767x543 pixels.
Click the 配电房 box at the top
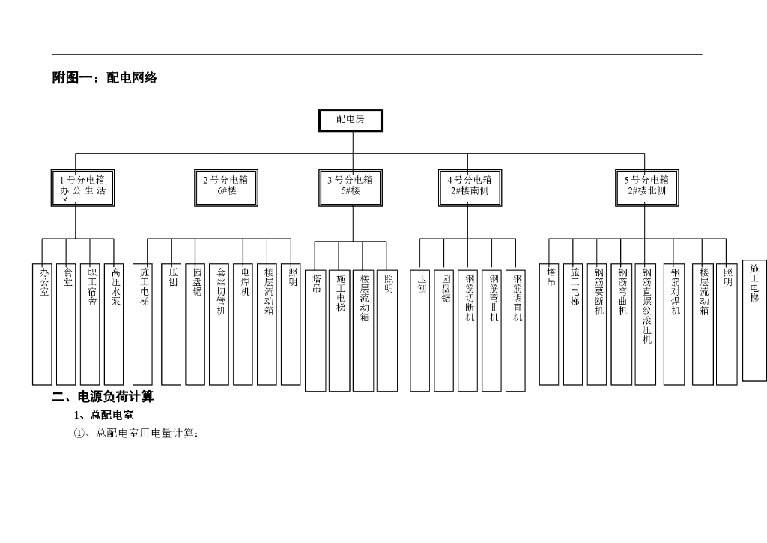pos(350,120)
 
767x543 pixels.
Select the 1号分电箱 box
pos(82,187)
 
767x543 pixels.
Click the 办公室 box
pos(42,323)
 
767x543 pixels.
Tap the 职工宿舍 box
pos(90,323)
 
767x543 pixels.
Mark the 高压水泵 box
pos(114,323)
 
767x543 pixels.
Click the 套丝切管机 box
pos(219,323)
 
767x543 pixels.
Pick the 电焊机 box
pos(243,323)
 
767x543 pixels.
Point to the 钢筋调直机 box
pos(516,330)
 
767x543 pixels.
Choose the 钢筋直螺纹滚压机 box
pos(645,323)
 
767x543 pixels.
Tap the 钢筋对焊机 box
pos(674,323)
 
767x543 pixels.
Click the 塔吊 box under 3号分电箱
pos(315,330)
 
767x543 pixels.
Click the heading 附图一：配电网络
pos(104,77)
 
